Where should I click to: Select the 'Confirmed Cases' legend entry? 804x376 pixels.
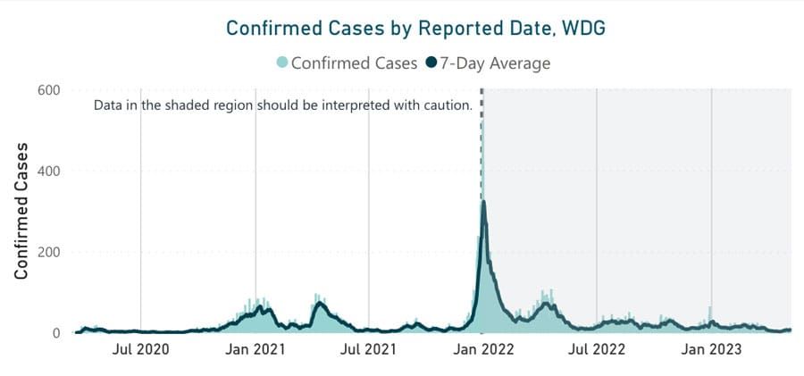[x=353, y=63]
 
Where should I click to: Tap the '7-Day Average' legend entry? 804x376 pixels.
[x=495, y=63]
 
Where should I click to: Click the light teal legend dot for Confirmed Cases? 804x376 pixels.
[x=282, y=63]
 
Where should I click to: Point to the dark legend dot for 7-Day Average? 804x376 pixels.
[x=431, y=63]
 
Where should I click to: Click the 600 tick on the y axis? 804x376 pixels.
[x=48, y=89]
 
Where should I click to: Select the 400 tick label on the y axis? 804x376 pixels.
[x=48, y=171]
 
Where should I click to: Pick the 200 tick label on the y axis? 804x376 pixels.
[x=48, y=252]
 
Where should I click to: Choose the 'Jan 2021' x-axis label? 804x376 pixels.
[x=255, y=350]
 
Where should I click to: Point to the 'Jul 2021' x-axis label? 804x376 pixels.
[x=369, y=350]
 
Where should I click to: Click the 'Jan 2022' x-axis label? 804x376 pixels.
[x=482, y=350]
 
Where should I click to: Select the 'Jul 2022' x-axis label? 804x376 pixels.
[x=596, y=350]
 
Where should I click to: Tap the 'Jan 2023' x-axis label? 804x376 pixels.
[x=711, y=350]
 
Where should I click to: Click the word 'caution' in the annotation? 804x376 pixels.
[x=444, y=105]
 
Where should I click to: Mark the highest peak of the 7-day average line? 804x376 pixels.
[x=483, y=202]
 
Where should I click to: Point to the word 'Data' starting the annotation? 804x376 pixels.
[x=110, y=105]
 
